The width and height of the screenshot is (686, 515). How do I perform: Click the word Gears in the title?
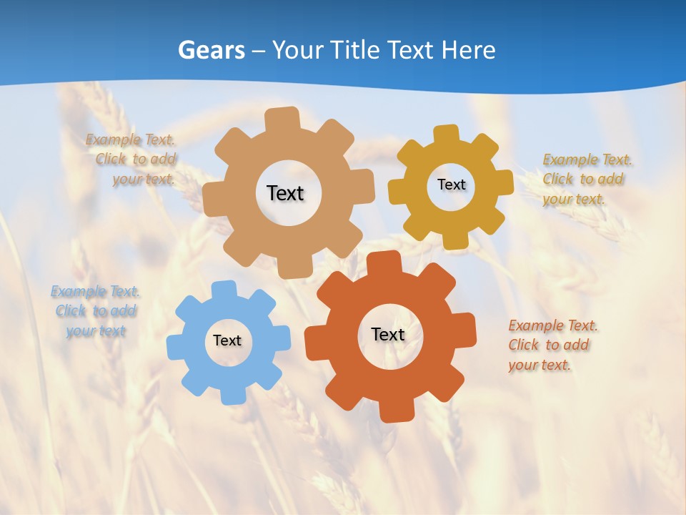click(211, 50)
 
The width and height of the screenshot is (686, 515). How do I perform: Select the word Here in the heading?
click(468, 50)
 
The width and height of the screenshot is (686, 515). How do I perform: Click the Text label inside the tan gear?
click(285, 193)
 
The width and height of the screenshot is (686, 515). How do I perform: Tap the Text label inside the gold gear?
click(451, 185)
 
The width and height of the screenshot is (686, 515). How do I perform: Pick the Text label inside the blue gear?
click(227, 341)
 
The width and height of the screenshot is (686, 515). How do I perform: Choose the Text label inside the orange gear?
click(388, 334)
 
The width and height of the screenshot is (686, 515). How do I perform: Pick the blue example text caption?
click(95, 311)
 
